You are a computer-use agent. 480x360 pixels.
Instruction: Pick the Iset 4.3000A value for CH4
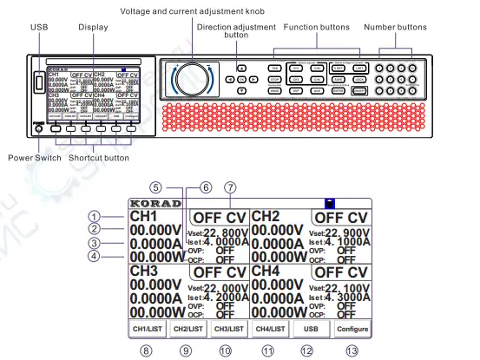[338, 297]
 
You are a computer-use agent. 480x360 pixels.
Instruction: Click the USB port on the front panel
[36, 83]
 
